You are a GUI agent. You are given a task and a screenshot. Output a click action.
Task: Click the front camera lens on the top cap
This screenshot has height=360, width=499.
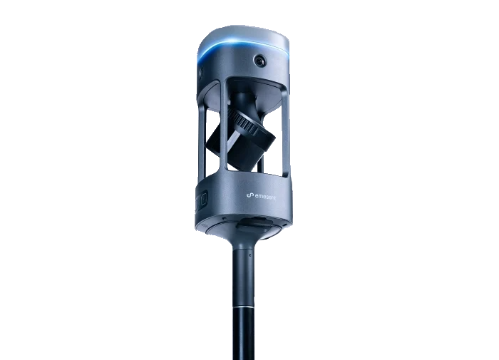coord(259,60)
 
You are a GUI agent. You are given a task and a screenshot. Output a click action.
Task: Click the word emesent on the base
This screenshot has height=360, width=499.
coord(265,197)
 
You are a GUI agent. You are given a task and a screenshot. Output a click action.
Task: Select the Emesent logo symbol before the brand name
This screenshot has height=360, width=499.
coord(250,195)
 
